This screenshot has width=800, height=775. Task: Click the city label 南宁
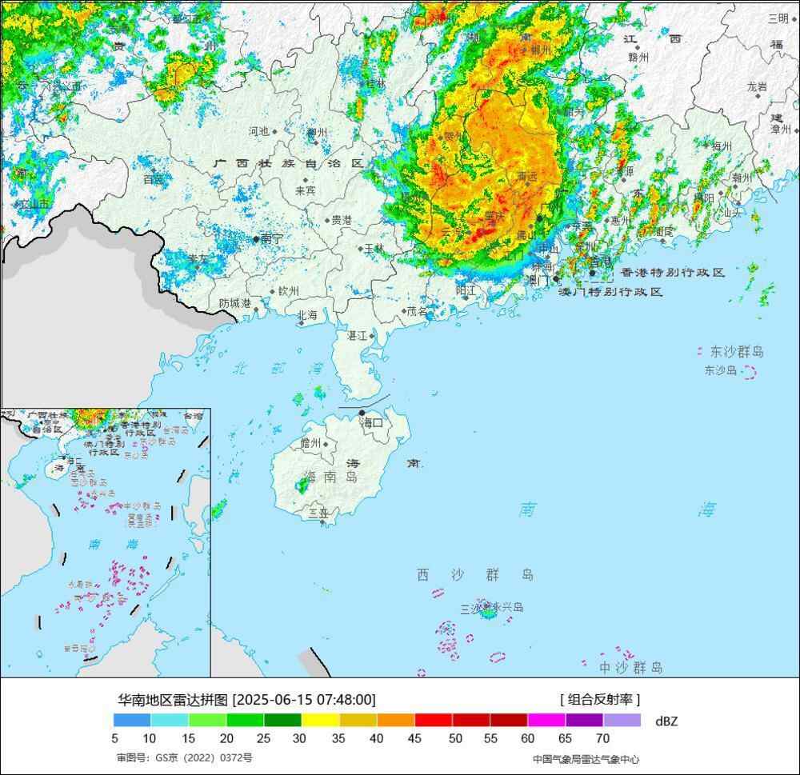click(x=271, y=238)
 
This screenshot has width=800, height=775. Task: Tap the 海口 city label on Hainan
click(x=372, y=421)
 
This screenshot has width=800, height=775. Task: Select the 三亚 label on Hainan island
click(x=318, y=513)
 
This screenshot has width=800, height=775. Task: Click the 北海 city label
click(x=307, y=316)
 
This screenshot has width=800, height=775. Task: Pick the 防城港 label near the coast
click(x=234, y=303)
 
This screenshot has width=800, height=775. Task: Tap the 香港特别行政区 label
click(x=672, y=273)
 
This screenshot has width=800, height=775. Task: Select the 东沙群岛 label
click(x=736, y=351)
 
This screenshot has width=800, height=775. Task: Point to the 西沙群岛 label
click(x=474, y=574)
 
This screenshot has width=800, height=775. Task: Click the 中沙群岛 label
click(x=631, y=667)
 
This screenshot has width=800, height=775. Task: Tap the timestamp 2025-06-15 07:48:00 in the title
click(x=304, y=700)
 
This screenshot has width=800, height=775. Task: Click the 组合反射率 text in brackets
click(x=600, y=700)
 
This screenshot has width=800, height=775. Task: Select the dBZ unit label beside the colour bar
click(x=666, y=721)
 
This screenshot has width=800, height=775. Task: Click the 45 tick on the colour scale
click(x=414, y=738)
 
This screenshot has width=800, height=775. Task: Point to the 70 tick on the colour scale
click(x=602, y=738)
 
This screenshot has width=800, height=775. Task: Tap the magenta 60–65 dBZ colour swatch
click(x=546, y=720)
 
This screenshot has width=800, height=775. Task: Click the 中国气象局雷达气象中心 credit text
click(x=586, y=759)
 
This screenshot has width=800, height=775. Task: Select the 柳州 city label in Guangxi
click(x=317, y=133)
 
